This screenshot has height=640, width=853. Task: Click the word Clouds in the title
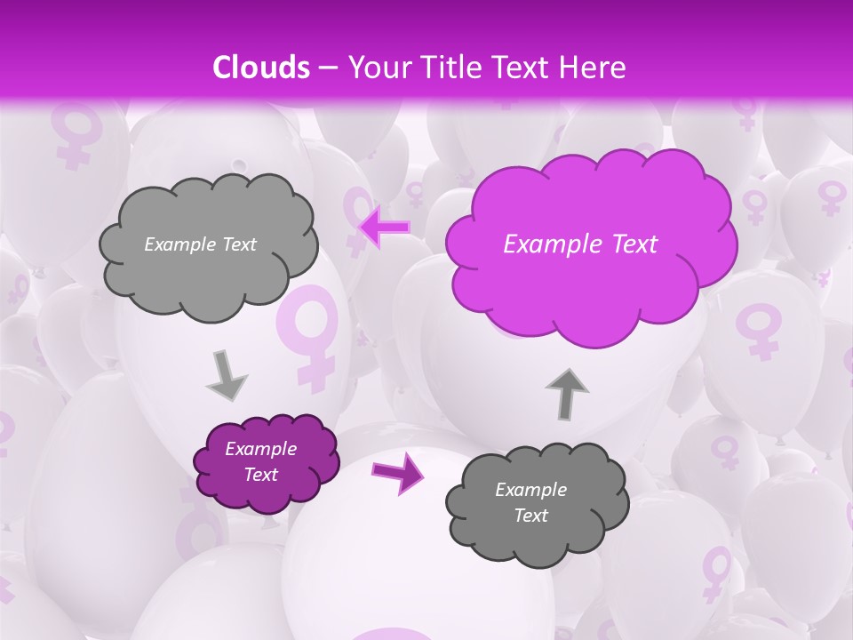(x=261, y=68)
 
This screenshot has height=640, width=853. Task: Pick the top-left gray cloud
(x=208, y=244)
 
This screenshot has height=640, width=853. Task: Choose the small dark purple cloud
(x=266, y=462)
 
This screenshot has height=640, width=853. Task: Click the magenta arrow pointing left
(x=385, y=228)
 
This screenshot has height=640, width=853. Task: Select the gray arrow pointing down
(x=226, y=375)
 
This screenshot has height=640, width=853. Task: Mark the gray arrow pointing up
(x=567, y=393)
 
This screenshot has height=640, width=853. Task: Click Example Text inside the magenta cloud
(x=580, y=244)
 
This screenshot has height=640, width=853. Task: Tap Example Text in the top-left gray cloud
(x=200, y=244)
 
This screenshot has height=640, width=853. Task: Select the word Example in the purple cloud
(x=260, y=449)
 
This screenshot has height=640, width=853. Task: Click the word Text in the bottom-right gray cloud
(x=530, y=516)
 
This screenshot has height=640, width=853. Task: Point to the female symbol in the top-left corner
(x=75, y=133)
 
